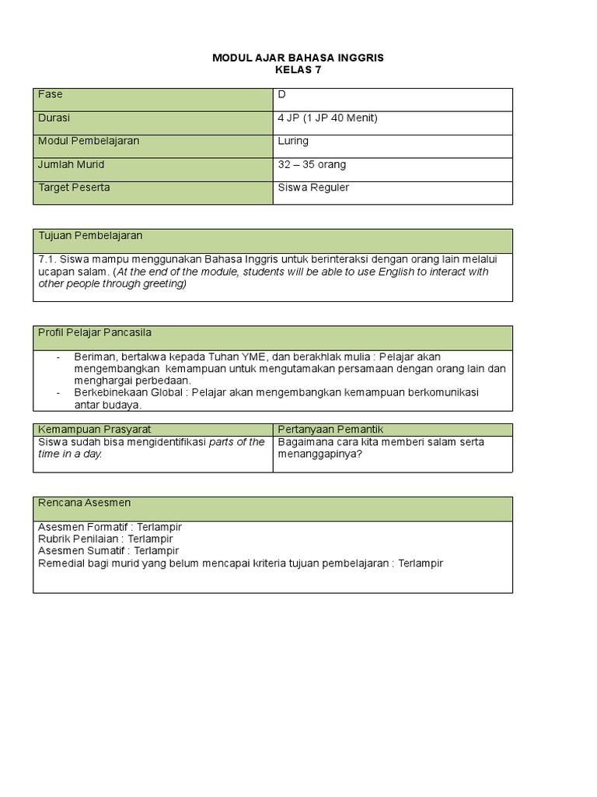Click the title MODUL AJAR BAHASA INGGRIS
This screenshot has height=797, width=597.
coord(298,58)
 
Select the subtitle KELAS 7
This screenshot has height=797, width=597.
coord(298,70)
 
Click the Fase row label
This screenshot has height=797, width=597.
coord(51,95)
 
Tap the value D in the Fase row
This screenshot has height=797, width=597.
coord(281,95)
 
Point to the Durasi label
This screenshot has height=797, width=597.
coord(54,118)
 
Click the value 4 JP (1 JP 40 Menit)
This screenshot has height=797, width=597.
coord(327,118)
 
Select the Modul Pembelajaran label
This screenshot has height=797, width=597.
coord(89,142)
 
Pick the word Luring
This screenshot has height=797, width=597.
coord(293,142)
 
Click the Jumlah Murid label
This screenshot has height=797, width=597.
coord(72,165)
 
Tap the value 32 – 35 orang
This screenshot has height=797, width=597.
coord(312,165)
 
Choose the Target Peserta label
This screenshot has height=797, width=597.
coord(74,188)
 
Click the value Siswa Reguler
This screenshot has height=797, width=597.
coord(313,188)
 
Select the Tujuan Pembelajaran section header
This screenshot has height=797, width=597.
coord(90,236)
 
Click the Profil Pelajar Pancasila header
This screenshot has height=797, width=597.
coord(95,333)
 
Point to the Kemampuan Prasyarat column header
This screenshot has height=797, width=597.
coord(95,430)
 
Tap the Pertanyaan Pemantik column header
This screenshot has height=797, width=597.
coord(330,430)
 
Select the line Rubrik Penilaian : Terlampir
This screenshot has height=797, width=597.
coord(105,539)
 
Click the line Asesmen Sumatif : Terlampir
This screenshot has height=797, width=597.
coord(108,551)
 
